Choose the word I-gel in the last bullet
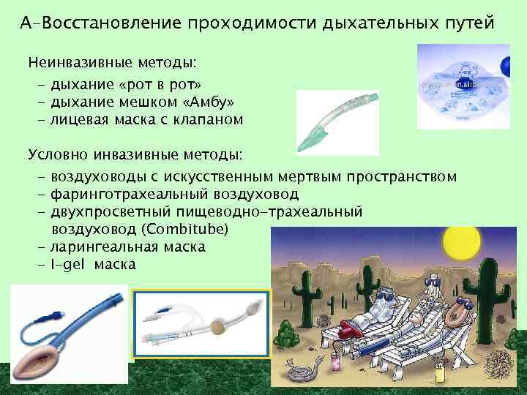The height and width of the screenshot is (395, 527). tap(70, 264)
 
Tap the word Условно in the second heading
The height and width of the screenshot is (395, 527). tap(56, 155)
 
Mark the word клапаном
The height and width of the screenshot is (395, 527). tap(209, 118)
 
